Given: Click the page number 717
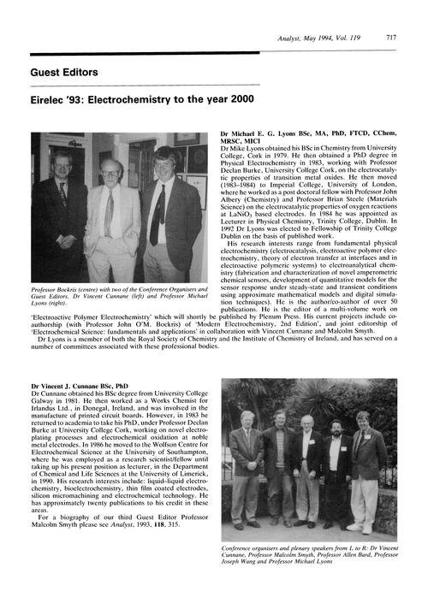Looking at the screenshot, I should [391, 38].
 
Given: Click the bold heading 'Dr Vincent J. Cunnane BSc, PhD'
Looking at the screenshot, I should [81, 387].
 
